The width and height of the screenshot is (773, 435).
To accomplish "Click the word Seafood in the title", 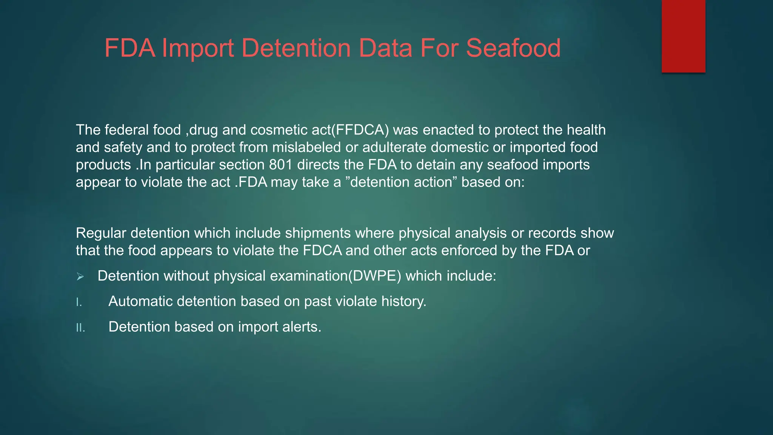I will (x=513, y=48).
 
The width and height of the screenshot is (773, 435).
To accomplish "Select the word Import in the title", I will (x=198, y=48).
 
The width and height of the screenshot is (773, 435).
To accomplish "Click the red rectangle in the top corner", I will (x=683, y=36).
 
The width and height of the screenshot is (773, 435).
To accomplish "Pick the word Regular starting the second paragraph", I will (x=101, y=233).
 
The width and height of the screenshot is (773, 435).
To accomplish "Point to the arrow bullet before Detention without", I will (x=80, y=277).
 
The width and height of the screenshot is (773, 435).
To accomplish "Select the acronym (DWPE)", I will (x=374, y=276).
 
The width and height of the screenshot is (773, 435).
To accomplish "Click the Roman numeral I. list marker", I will (x=79, y=302).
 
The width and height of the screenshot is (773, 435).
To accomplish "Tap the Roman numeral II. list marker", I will (x=80, y=328).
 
